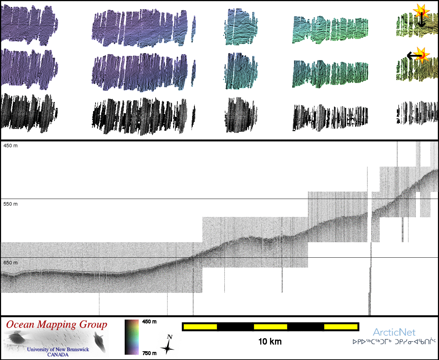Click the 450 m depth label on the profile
(11, 146)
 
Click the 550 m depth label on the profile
(11, 204)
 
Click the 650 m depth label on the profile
(11, 263)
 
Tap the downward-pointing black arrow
(421, 21)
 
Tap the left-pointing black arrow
(413, 56)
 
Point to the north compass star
(168, 346)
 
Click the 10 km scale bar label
(270, 341)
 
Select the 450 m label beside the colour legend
(149, 322)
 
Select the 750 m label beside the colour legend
(149, 353)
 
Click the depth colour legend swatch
(132, 337)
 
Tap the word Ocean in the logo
(20, 324)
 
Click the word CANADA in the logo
(58, 355)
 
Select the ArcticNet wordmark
(394, 332)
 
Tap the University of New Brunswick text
(58, 349)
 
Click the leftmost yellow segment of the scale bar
(200, 327)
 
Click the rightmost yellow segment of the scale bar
(341, 327)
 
